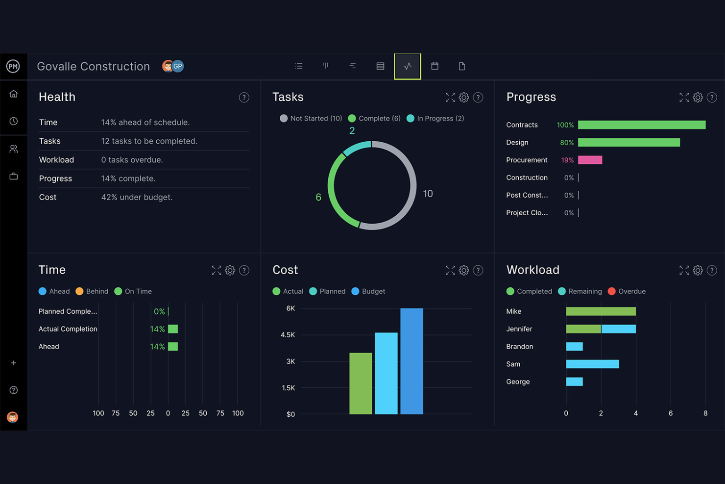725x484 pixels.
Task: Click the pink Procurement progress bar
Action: (x=590, y=160)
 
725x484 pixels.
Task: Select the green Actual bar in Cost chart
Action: (x=361, y=383)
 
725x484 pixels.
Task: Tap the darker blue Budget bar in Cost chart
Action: (x=411, y=361)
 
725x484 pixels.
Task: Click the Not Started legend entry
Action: (x=311, y=118)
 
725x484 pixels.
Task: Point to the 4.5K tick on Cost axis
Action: (x=288, y=335)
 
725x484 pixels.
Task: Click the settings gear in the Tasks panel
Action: (x=464, y=98)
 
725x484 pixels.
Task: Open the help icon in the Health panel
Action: (x=244, y=98)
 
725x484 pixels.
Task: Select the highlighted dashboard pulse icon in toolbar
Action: (x=407, y=66)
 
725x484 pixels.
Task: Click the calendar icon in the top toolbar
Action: (x=435, y=66)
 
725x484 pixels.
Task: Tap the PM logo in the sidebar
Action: (x=13, y=66)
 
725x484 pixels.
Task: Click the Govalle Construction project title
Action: (x=94, y=66)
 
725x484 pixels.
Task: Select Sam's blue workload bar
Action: (x=592, y=364)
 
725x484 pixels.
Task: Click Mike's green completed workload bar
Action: (x=601, y=311)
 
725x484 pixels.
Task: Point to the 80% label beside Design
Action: (x=567, y=143)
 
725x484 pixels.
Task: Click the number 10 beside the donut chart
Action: (x=428, y=194)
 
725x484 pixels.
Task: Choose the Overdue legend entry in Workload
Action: (x=627, y=291)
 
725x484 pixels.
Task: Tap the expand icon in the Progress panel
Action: (x=684, y=98)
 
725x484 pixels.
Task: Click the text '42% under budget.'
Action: (x=137, y=197)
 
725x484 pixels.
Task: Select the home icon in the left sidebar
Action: (x=14, y=94)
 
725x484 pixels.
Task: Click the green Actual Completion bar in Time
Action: (x=173, y=329)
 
